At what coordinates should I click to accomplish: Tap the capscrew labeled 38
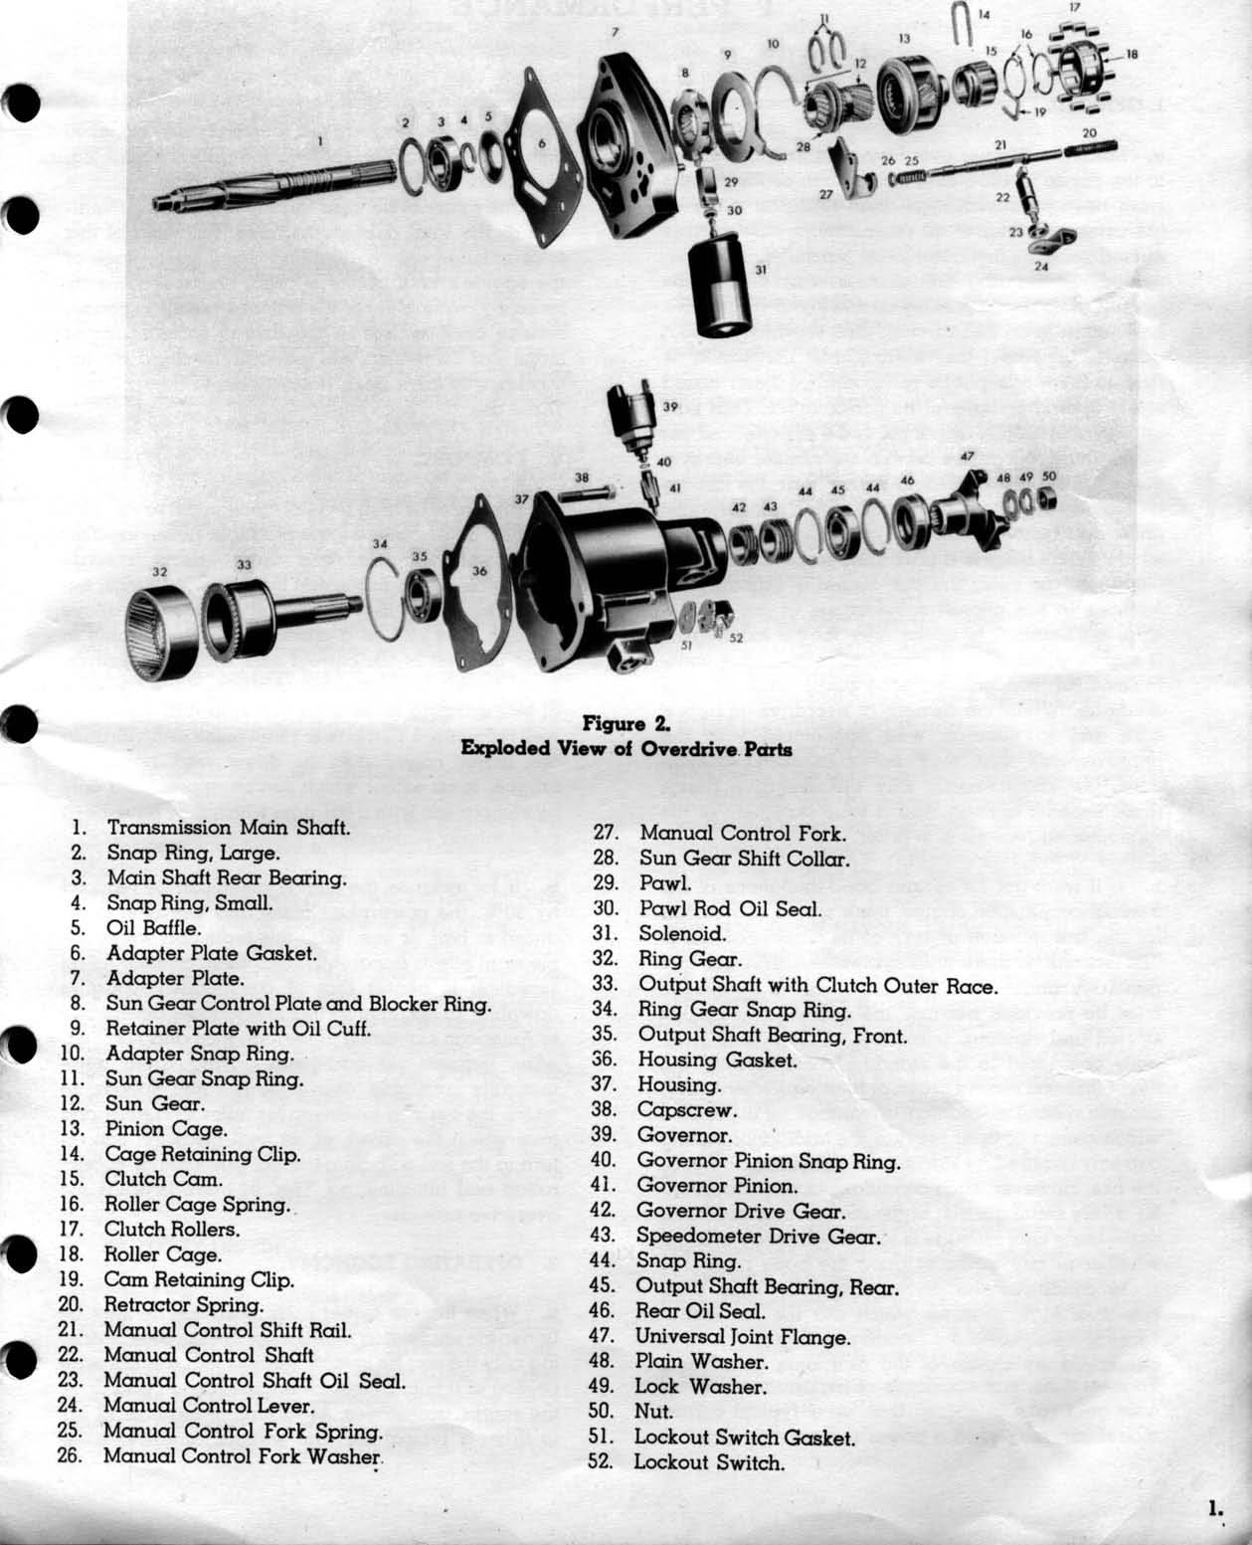click(x=587, y=493)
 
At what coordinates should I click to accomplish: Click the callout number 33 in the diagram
click(x=244, y=564)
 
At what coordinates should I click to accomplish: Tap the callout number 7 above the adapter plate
click(x=616, y=32)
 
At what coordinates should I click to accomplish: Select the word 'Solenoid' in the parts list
click(x=682, y=934)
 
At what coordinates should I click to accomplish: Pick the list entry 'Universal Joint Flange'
click(x=742, y=1337)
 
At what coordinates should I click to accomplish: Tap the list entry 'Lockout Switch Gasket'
click(x=744, y=1438)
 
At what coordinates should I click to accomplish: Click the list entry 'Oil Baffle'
click(x=153, y=928)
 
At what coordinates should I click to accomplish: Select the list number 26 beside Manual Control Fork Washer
click(x=70, y=1455)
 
